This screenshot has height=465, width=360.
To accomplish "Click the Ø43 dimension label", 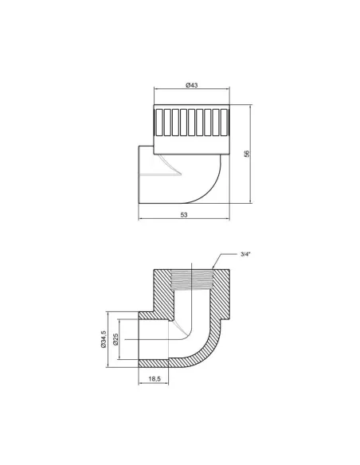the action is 192,85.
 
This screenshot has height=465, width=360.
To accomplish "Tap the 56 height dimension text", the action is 247,154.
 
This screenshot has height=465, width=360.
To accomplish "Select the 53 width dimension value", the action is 184,214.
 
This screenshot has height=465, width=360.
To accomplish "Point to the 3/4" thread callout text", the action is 245,254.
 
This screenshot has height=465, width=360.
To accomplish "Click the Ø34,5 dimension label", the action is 104,339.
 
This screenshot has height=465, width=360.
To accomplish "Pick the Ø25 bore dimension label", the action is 115,339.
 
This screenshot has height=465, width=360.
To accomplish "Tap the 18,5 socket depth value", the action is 155,379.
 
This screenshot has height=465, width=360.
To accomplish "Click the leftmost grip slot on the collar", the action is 159,123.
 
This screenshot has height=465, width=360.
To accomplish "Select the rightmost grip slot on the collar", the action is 224,123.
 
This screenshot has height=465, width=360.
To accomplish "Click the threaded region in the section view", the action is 193,279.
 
